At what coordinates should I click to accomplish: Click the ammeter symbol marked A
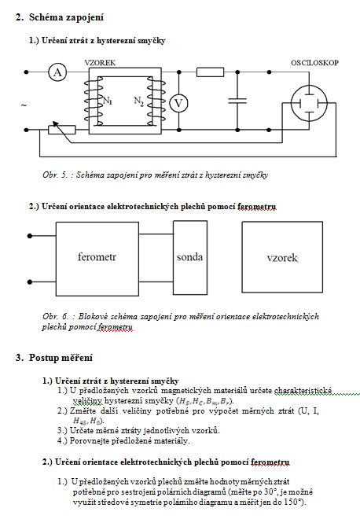pos(57,72)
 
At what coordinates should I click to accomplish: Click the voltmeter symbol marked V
pos(178,104)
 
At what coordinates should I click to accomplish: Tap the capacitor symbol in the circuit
pos(237,101)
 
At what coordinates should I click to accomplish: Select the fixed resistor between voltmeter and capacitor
pos(210,72)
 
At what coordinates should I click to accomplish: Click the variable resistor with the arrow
pos(62,130)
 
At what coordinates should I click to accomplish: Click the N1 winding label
pos(108,100)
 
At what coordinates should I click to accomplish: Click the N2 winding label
pos(138,101)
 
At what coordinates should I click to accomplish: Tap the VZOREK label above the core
pos(100,63)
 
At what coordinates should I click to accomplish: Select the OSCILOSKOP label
pos(314,63)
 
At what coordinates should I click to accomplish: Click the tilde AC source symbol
pos(24,105)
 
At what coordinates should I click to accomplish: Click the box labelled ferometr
pos(97,259)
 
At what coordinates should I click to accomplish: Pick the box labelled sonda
pos(190,257)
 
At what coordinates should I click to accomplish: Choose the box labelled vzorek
pos(282,257)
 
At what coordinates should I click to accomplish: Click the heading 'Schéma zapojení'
pos(66,17)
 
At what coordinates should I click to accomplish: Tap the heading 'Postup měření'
pos(61,358)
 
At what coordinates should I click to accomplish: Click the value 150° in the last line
pos(293,502)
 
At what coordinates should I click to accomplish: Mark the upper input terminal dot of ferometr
pos(30,236)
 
